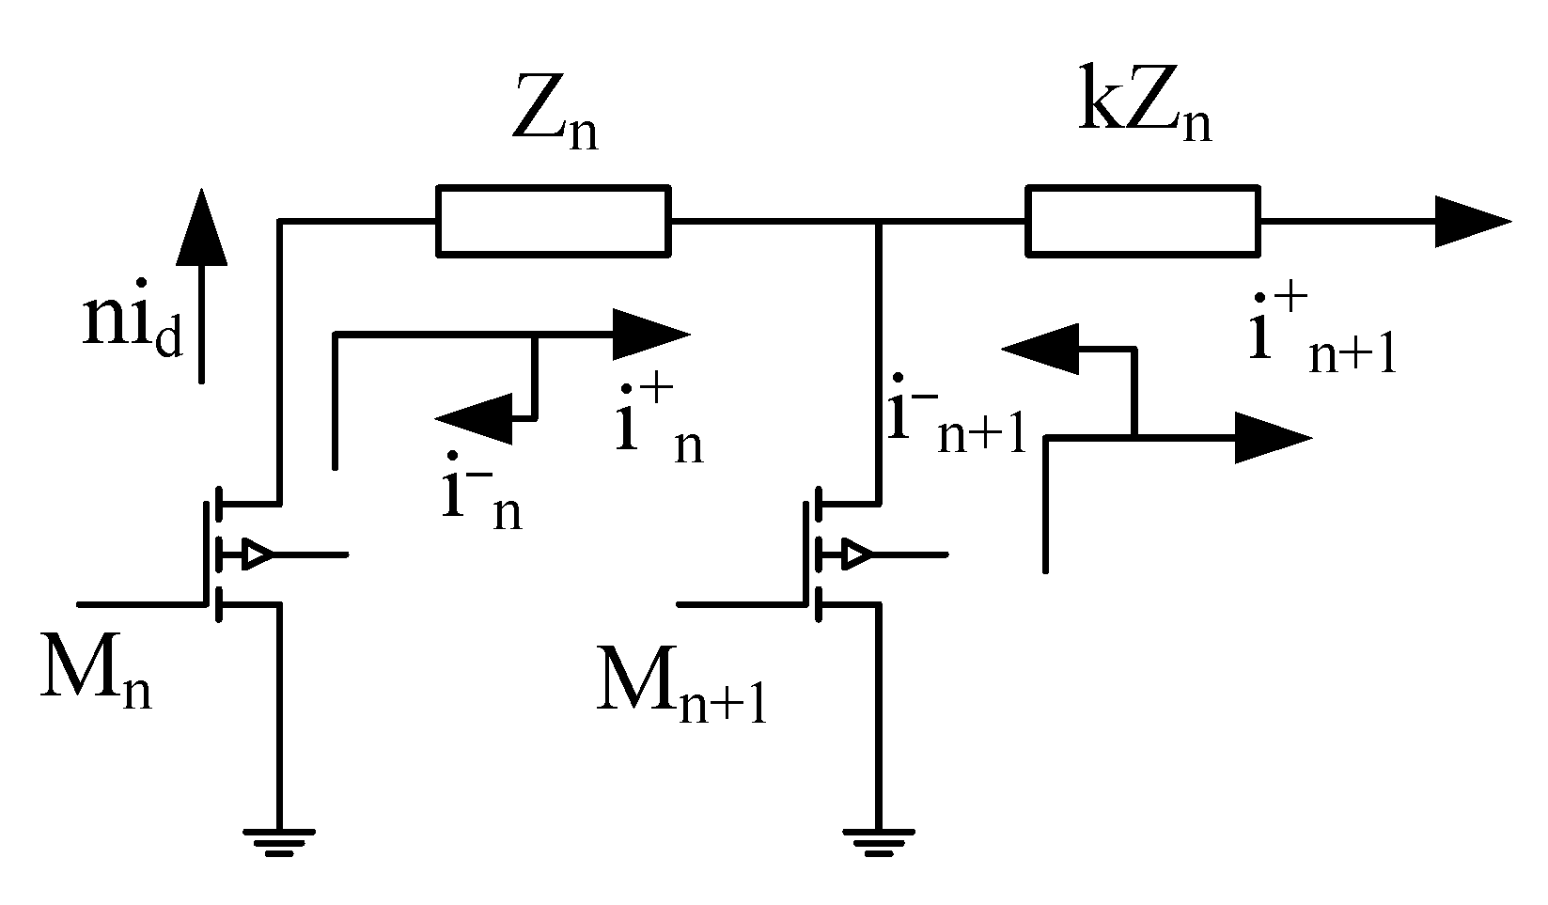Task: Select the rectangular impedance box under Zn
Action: pos(554,222)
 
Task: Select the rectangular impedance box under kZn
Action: pos(1143,222)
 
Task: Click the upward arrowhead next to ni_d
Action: pos(201,226)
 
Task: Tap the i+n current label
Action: pos(659,431)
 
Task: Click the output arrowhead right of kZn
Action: pos(1471,222)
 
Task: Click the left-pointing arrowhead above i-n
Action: pos(475,417)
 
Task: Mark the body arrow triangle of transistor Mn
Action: pos(257,554)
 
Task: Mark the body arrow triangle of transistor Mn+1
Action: pos(855,554)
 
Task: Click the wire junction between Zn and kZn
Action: pos(878,223)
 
